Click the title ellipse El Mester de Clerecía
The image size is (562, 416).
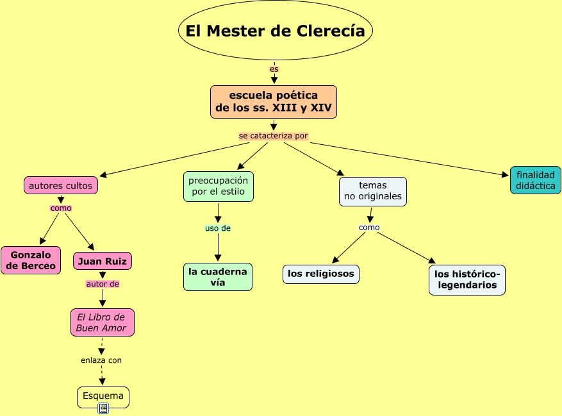pyautogui.click(x=276, y=31)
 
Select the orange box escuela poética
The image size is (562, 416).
pyautogui.click(x=274, y=102)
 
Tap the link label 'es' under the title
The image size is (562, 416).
pyautogui.click(x=274, y=69)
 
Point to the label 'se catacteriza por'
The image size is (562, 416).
pyautogui.click(x=274, y=136)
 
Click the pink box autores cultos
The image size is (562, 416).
pyautogui.click(x=61, y=186)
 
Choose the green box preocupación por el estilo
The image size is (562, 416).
pyautogui.click(x=218, y=187)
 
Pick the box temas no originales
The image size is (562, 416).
pyautogui.click(x=373, y=191)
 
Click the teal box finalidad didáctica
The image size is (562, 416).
pyautogui.click(x=535, y=180)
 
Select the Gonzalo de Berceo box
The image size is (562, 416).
pyautogui.click(x=31, y=260)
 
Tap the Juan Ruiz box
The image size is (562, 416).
pyautogui.click(x=103, y=261)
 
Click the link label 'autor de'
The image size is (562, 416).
pyautogui.click(x=103, y=283)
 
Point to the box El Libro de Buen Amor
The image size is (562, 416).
pyautogui.click(x=103, y=322)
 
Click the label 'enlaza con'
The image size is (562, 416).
pyautogui.click(x=101, y=360)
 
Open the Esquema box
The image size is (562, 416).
pyautogui.click(x=103, y=396)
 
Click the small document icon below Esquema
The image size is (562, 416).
pyautogui.click(x=103, y=408)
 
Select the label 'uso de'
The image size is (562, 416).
pyautogui.click(x=218, y=228)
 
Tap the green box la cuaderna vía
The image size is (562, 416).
pyautogui.click(x=218, y=277)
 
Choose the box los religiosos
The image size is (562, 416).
pyautogui.click(x=321, y=274)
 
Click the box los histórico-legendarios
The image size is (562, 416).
pyautogui.click(x=467, y=280)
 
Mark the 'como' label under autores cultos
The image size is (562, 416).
pyautogui.click(x=61, y=208)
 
